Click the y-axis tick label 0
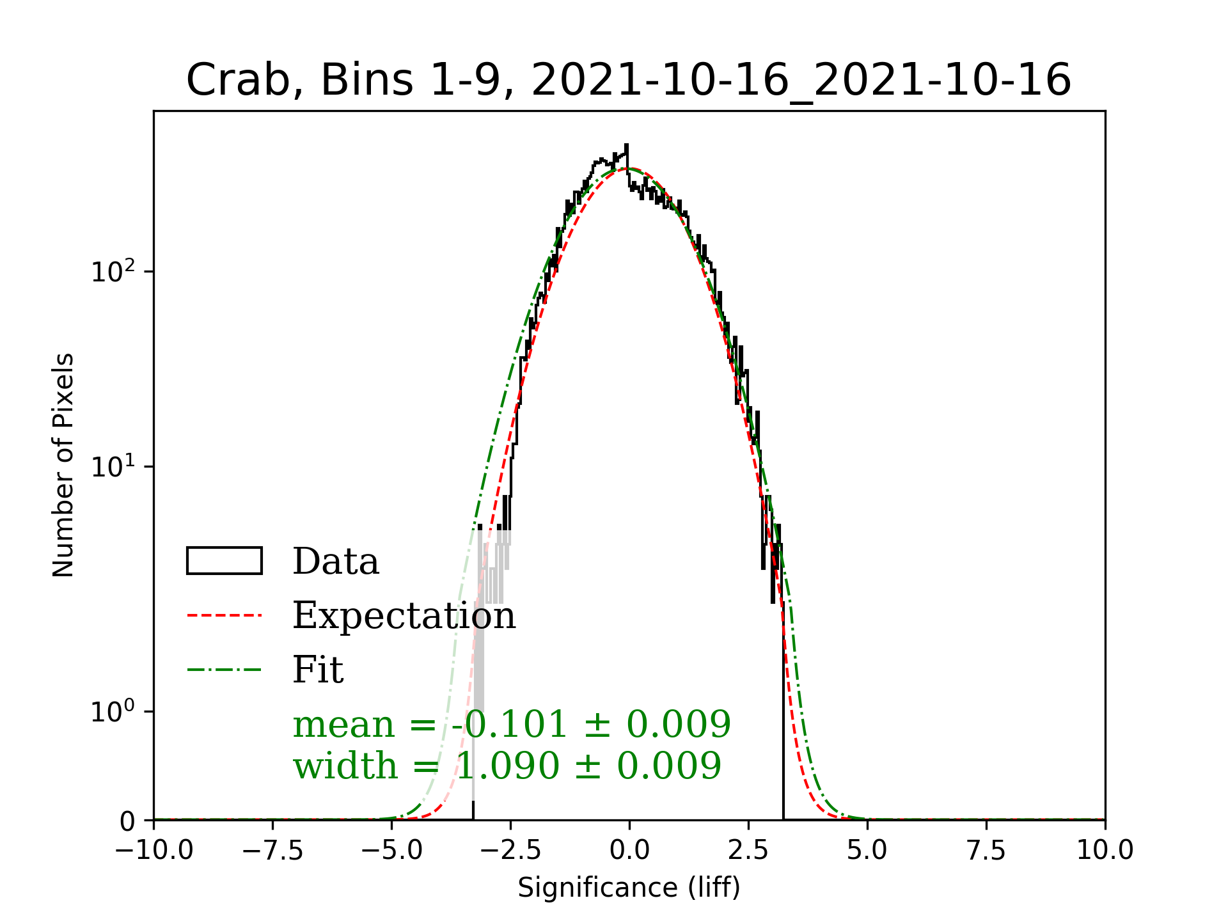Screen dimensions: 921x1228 tap(128, 821)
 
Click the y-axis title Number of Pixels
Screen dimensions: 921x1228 tap(63, 465)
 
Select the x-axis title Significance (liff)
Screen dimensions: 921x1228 tap(629, 888)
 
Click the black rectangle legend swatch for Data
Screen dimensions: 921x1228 tap(224, 561)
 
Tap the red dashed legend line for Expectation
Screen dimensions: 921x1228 tap(224, 615)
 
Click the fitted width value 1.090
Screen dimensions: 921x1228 tap(507, 766)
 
